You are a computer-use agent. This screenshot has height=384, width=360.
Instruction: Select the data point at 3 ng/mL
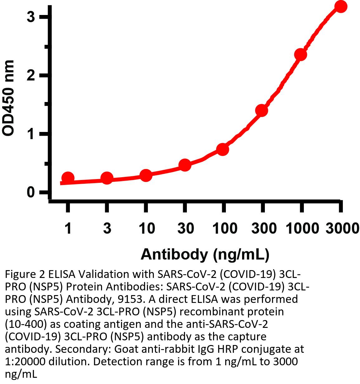point(107,178)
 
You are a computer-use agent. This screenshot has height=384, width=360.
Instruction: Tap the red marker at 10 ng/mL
point(146,175)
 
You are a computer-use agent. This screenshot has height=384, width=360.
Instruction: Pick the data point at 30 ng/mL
point(185,165)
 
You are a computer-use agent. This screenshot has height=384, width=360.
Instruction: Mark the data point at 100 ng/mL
point(223,149)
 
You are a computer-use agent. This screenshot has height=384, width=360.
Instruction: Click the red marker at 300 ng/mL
point(262,110)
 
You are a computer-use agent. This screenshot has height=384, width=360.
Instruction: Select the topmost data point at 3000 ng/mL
point(341,7)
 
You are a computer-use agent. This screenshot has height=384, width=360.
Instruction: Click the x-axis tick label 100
point(225,229)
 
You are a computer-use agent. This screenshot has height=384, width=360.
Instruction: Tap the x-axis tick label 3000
point(342,229)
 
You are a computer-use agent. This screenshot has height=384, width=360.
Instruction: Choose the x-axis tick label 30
point(186,229)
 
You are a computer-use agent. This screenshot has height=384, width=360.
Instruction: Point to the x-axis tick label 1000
point(302,229)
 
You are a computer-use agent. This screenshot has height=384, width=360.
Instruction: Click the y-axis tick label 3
point(31,17)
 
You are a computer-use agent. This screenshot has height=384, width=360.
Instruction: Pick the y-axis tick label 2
point(31,75)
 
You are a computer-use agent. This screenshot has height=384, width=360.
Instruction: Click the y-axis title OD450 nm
point(8,98)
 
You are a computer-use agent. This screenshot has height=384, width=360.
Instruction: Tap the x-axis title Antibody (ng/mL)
point(205,254)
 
